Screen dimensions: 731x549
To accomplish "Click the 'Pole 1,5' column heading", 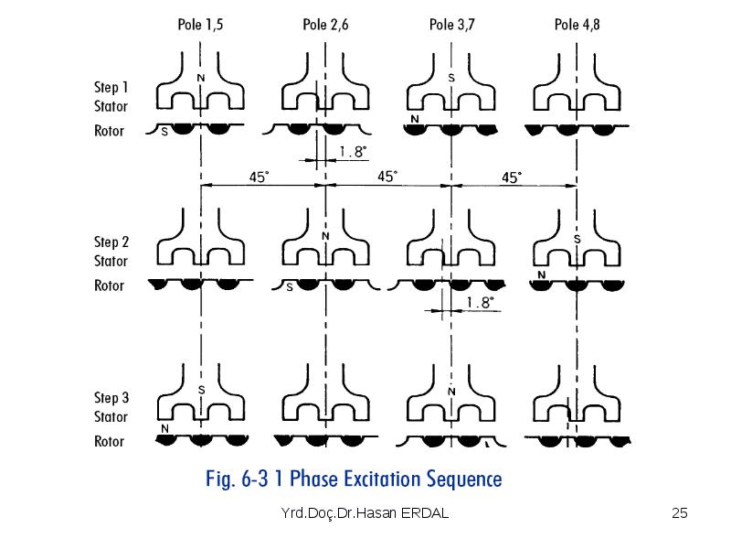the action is [x=200, y=25].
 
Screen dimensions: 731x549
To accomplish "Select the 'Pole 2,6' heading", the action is [x=325, y=25].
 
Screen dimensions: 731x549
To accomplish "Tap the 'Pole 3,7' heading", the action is [x=451, y=25].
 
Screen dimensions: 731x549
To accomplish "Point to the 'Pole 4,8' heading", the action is [x=577, y=25].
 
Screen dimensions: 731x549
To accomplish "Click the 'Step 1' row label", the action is [x=111, y=87].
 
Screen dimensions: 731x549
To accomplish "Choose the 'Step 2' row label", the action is [x=111, y=242].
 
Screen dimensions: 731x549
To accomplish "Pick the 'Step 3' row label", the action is [x=111, y=398].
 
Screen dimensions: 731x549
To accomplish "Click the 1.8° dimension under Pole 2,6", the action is [x=353, y=151].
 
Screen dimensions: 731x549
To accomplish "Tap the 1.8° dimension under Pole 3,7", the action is [x=480, y=303].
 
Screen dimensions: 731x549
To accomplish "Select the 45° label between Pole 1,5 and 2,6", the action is [x=260, y=177].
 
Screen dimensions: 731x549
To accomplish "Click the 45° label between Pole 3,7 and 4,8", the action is [x=512, y=178].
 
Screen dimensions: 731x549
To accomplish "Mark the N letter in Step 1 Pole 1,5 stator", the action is [x=201, y=78].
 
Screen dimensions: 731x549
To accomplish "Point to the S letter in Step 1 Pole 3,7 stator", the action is [x=451, y=78].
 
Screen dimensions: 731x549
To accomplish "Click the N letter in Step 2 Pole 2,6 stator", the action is [x=325, y=236].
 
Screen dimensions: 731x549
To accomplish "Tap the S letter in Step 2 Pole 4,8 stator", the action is [x=577, y=240].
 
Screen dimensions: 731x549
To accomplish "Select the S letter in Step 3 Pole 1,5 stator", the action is [x=201, y=390].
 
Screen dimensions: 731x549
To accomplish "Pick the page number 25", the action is [x=679, y=513].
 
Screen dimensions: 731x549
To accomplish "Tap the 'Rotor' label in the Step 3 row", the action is [x=109, y=441].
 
